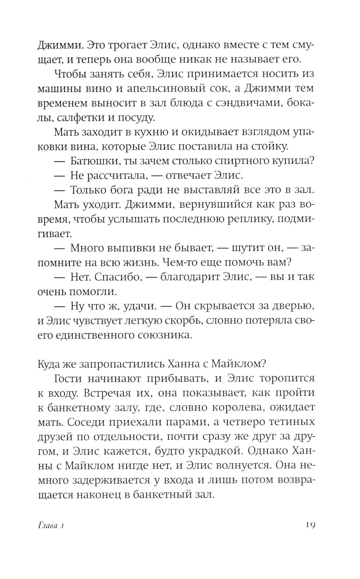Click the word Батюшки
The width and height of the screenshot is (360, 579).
(x=93, y=161)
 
